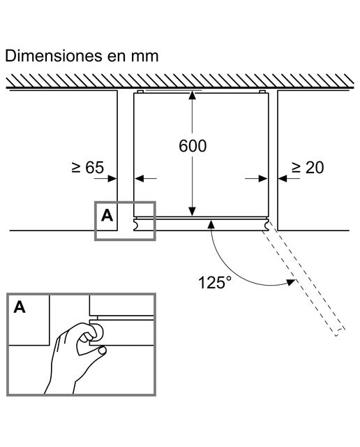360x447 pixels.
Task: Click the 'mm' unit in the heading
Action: tap(144, 57)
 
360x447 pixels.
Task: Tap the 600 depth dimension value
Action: tap(193, 146)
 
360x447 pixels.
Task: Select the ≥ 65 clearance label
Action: tap(88, 168)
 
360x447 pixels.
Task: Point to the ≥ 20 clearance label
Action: tap(308, 168)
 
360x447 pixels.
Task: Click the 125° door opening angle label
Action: tap(215, 282)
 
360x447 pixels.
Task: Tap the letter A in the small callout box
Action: tap(107, 216)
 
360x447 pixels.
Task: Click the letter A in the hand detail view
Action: tap(20, 307)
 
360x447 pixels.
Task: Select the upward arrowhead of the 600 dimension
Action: tap(193, 95)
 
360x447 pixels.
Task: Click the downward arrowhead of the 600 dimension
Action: tap(193, 212)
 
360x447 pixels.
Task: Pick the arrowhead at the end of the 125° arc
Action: tap(291, 282)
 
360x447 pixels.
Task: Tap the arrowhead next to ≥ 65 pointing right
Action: tap(112, 179)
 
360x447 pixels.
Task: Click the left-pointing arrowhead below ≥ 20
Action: tap(283, 179)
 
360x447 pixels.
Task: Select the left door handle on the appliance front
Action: tap(137, 224)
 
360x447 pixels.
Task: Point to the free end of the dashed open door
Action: tap(340, 332)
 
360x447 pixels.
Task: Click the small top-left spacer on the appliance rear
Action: tap(140, 91)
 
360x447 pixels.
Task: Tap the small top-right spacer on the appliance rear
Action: tap(262, 91)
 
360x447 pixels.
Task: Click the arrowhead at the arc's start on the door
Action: tap(211, 224)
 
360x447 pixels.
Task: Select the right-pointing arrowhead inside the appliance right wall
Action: tap(263, 179)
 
